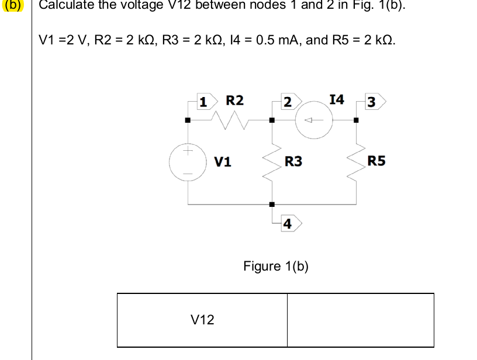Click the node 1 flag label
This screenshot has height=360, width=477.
204,101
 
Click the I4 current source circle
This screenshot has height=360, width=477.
314,121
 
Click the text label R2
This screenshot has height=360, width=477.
235,100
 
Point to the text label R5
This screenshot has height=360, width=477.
376,161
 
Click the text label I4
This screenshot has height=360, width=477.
337,99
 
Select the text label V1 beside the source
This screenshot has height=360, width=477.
223,161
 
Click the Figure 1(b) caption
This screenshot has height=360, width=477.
275,266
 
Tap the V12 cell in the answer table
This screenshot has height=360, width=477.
202,320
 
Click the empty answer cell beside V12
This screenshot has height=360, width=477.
360,320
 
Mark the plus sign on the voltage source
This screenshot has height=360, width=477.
188,151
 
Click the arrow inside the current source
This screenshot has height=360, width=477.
313,121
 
